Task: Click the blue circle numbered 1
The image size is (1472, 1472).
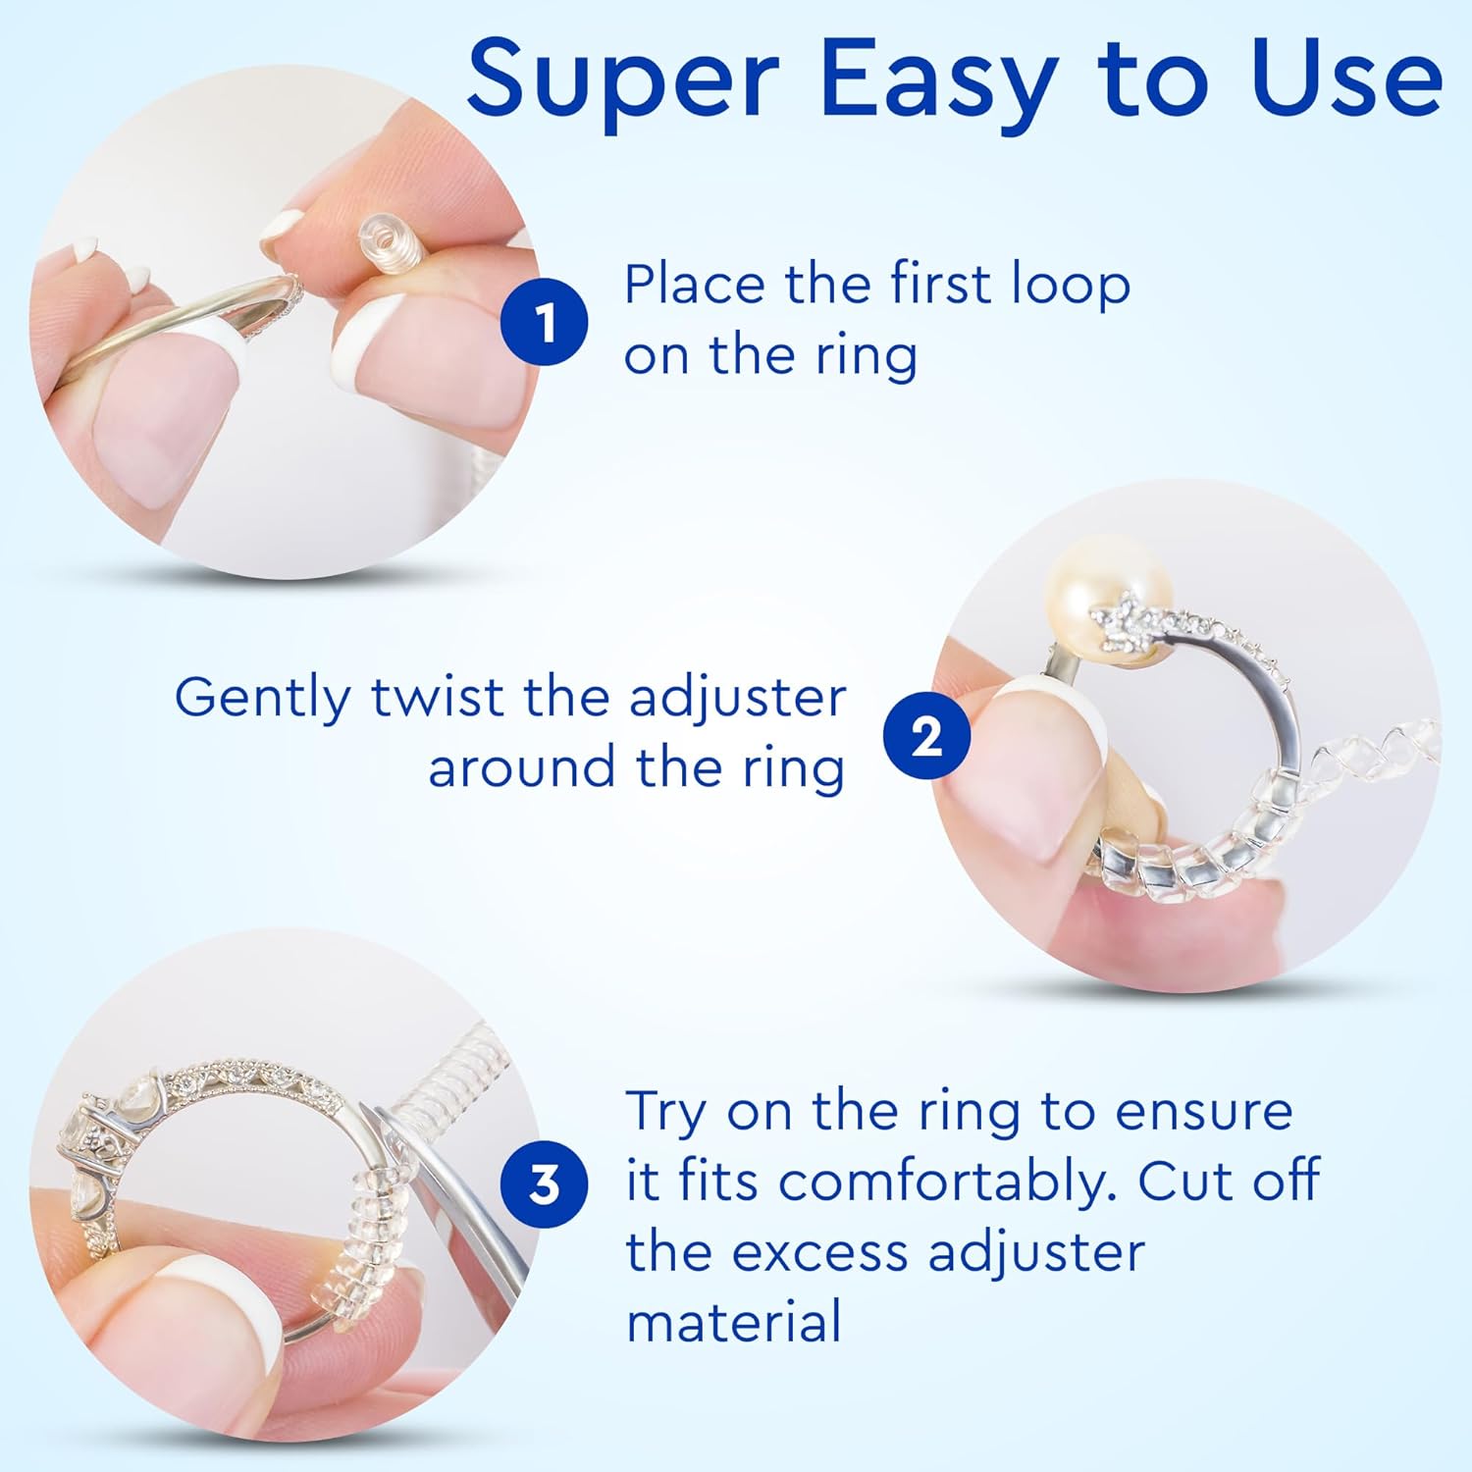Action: (545, 322)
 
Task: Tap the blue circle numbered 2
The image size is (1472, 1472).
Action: (926, 736)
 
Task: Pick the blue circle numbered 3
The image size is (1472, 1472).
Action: (544, 1184)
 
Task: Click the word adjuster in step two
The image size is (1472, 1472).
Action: (737, 700)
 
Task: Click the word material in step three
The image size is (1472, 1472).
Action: (733, 1322)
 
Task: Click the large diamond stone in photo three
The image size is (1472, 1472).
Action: (98, 1138)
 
